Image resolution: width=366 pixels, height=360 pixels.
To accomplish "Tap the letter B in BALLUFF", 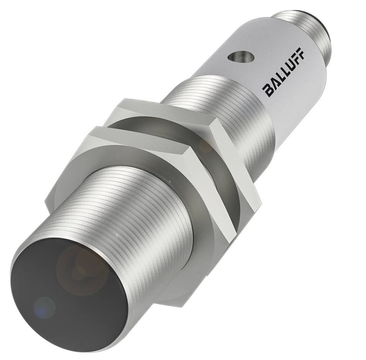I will coord(268,91).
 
